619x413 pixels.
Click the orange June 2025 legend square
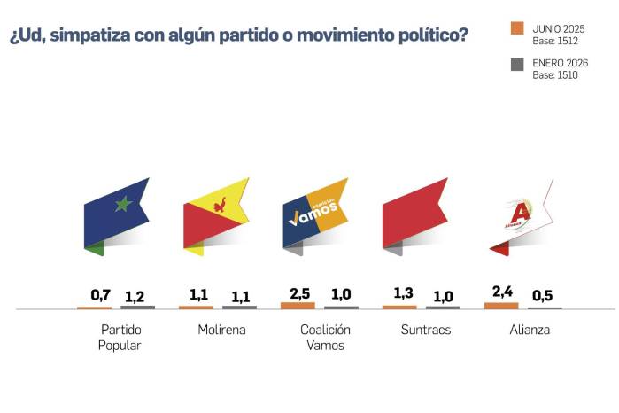coord(518,27)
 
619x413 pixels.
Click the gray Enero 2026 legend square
coord(518,64)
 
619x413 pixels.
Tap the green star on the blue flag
coord(123,205)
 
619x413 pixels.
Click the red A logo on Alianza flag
coord(520,214)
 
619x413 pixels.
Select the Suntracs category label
coord(423,331)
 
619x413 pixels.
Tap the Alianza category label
coord(530,331)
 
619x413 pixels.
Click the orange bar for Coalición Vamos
coord(298,305)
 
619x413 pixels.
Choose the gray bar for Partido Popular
coord(137,307)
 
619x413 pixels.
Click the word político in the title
coord(426,36)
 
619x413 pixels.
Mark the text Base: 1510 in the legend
coord(555,76)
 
